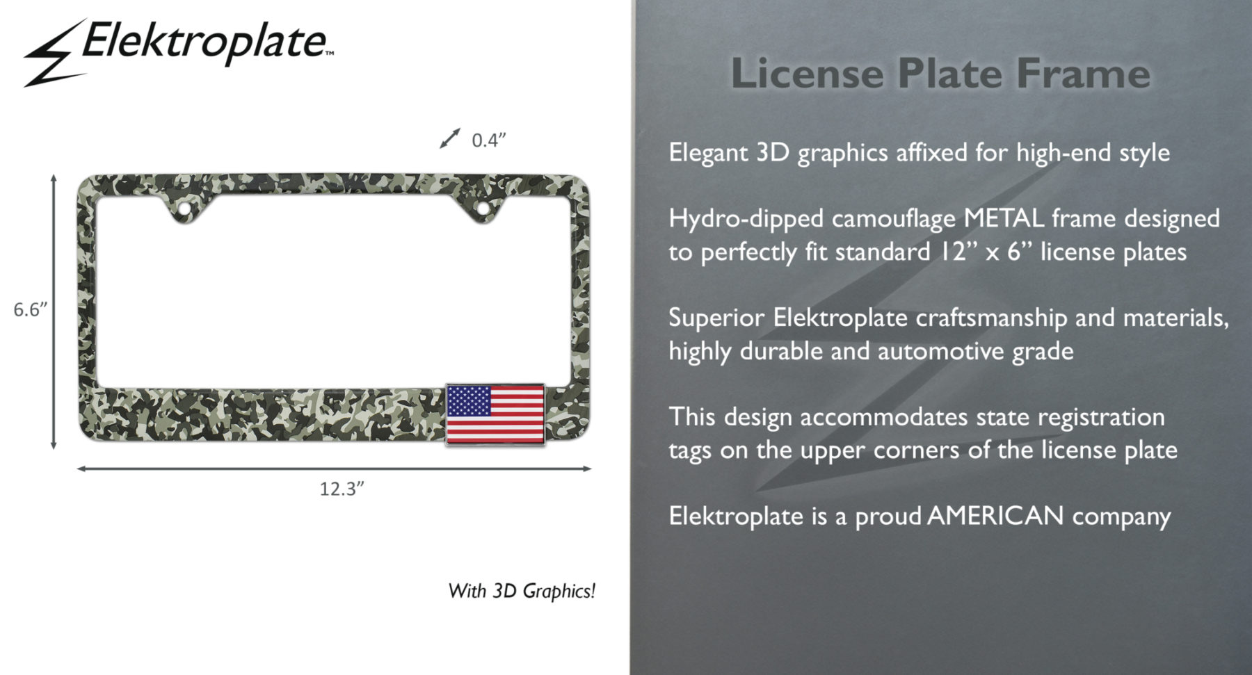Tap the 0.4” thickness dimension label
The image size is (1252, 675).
488,140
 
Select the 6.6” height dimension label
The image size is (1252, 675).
31,309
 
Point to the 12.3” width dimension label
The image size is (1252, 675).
342,489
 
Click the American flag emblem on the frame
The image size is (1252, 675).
495,414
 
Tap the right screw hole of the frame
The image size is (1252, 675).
481,208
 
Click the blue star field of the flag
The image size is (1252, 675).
469,401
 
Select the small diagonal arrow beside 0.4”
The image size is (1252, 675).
450,138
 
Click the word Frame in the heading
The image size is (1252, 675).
1083,73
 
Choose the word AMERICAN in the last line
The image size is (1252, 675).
995,516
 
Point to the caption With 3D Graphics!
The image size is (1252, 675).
522,591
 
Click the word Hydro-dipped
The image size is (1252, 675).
746,219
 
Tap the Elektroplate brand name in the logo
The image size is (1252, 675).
206,42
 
